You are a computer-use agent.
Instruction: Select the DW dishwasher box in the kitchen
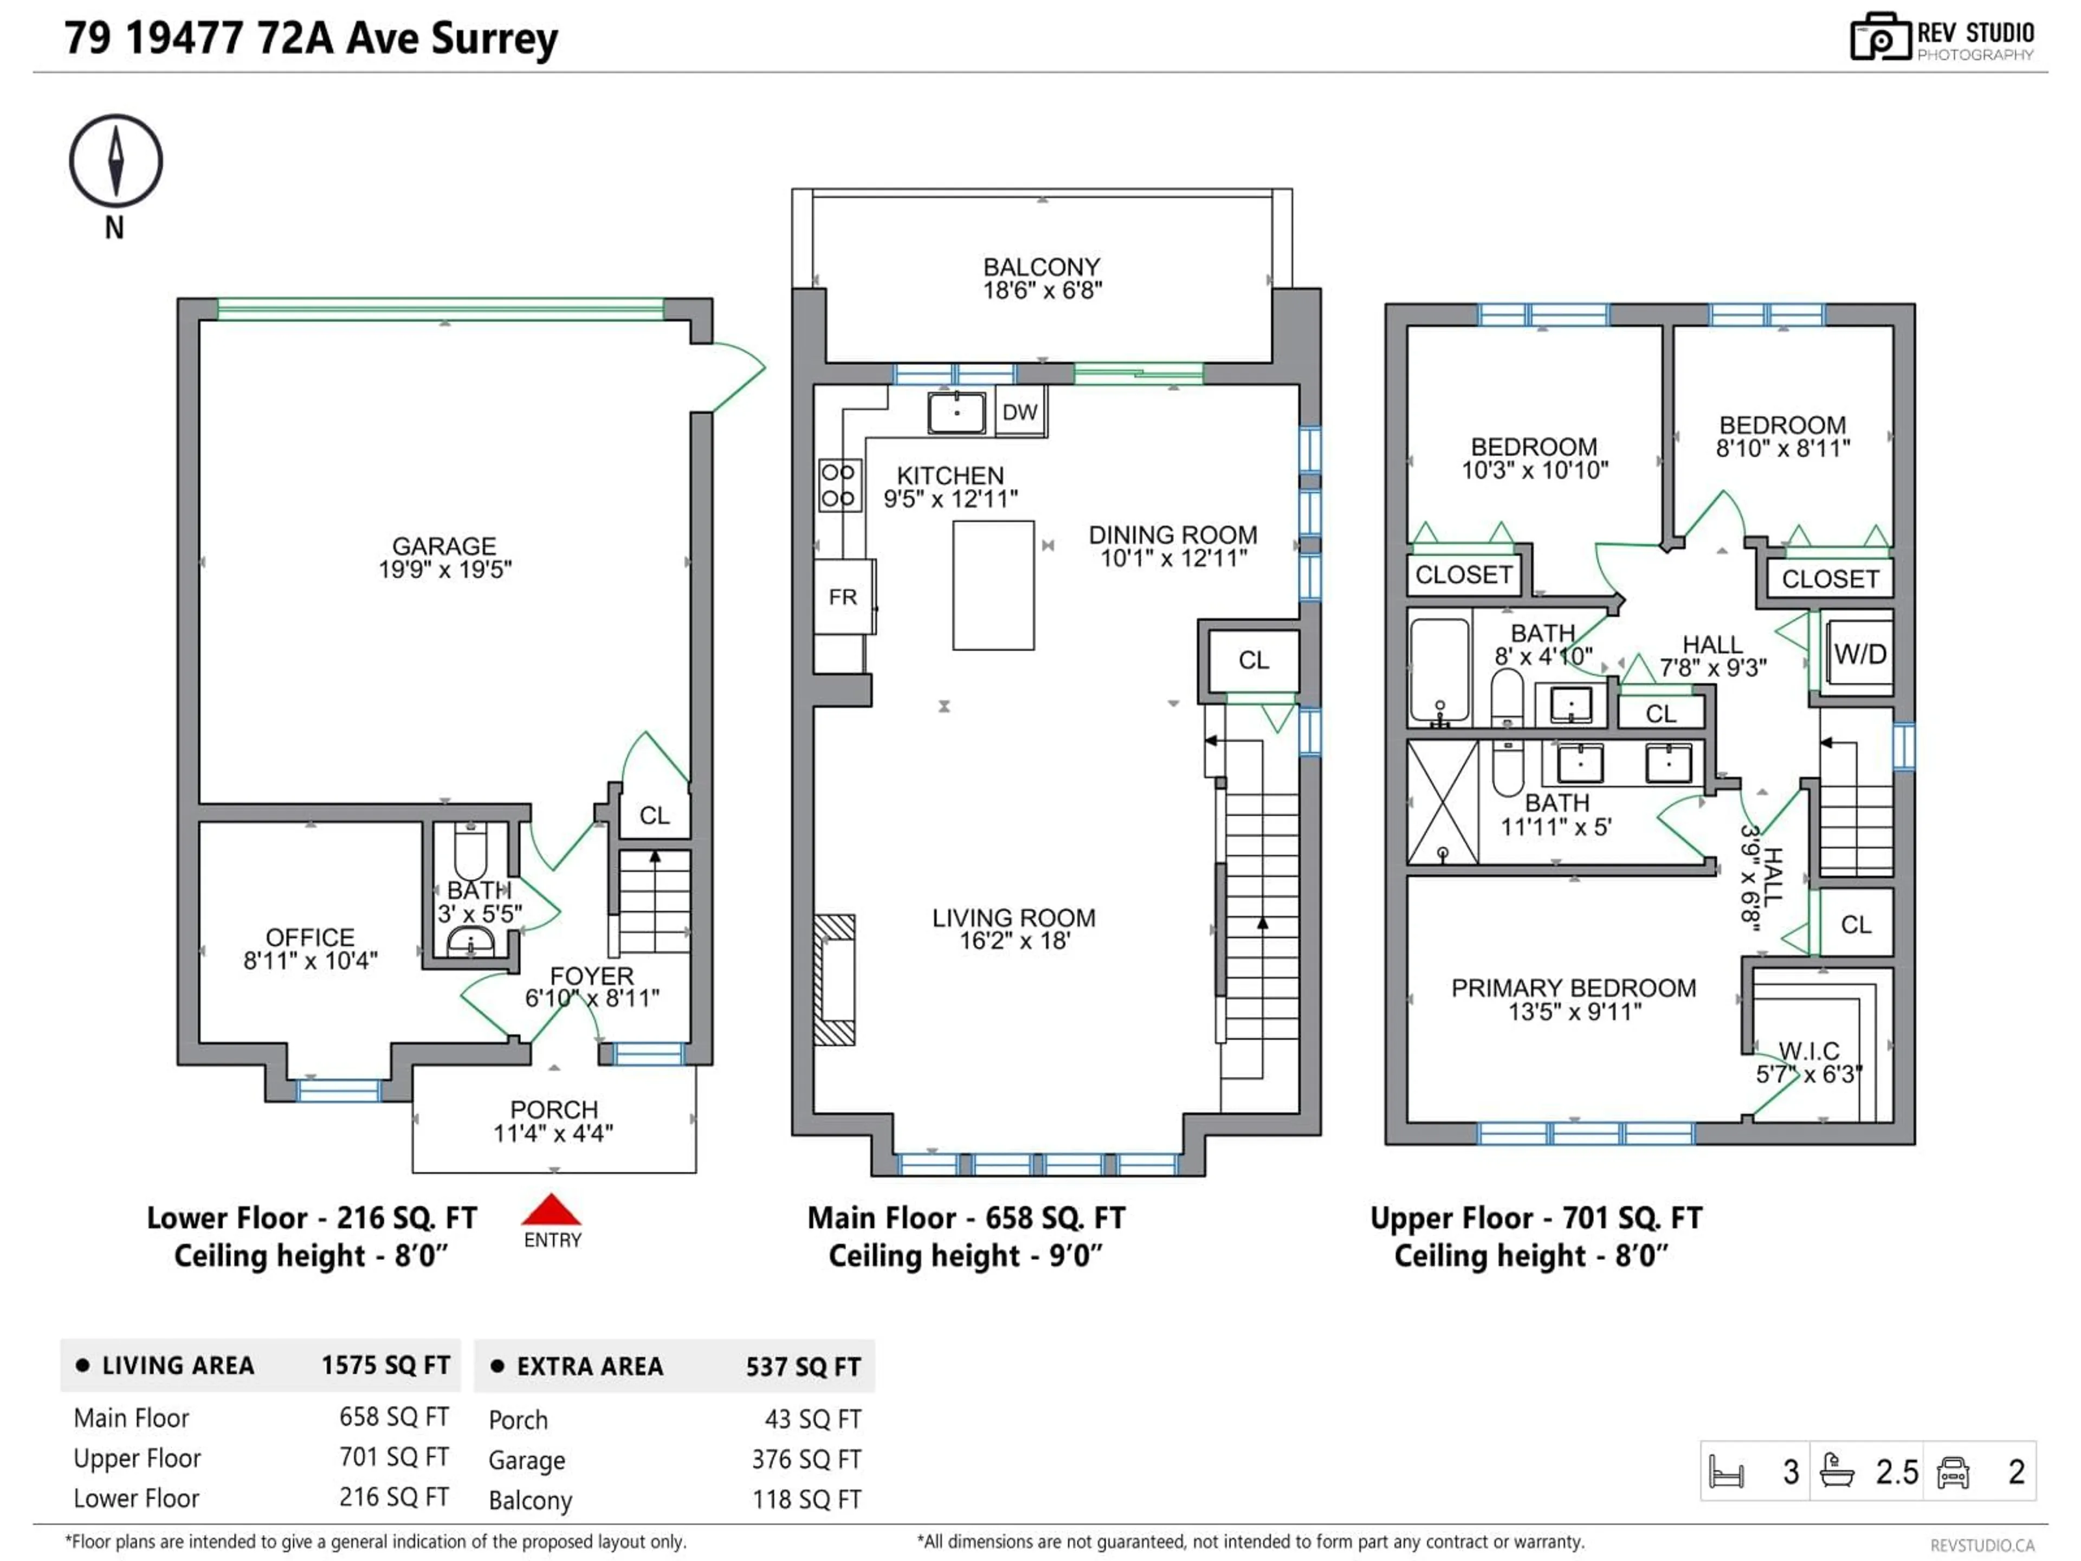1020,412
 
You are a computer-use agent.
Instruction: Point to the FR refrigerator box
843,597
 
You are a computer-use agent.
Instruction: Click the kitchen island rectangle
993,585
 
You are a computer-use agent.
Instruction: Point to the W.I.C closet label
1808,1051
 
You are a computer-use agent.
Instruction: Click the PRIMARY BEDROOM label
1573,988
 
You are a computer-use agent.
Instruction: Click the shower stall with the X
1442,802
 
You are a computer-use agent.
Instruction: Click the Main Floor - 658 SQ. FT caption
965,1218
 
